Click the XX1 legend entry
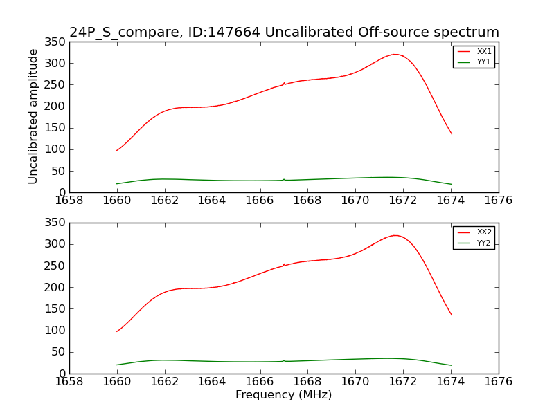[474, 52]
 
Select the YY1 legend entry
[474, 62]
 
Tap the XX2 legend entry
[474, 232]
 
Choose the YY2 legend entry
[474, 243]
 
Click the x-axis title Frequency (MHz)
[283, 395]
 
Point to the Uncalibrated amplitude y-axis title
[33, 116]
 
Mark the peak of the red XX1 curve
[395, 54]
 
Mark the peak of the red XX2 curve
[395, 235]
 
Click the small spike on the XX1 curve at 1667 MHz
[284, 83]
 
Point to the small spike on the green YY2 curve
[284, 360]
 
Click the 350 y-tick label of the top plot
[56, 42]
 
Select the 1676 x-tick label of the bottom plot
[498, 381]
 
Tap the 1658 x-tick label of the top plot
[69, 201]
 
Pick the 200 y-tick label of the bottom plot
[56, 287]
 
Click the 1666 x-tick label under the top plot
[260, 201]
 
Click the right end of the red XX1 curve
[452, 134]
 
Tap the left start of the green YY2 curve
[117, 365]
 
